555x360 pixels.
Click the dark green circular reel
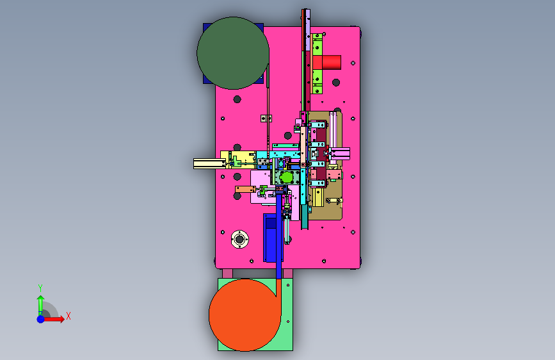(233, 53)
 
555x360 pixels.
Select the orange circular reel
(245, 315)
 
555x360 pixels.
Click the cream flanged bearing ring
(239, 239)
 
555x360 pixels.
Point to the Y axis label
(40, 288)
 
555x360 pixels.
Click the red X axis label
(68, 316)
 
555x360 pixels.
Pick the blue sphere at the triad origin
(41, 319)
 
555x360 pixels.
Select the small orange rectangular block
(245, 189)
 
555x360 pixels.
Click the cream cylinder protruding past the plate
(209, 164)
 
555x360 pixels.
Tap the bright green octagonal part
(286, 176)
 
